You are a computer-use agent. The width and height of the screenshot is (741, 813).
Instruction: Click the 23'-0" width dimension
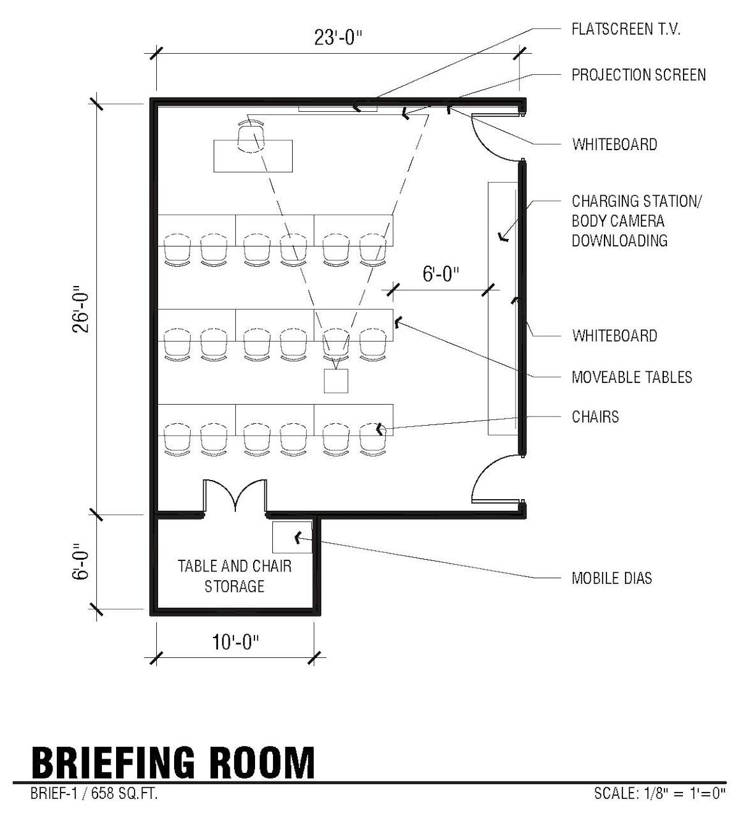click(x=338, y=38)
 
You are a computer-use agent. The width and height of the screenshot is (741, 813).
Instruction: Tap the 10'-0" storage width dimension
click(x=235, y=642)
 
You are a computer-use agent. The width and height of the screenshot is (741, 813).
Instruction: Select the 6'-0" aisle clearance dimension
click(x=441, y=274)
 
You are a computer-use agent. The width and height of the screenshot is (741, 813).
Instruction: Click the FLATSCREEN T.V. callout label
click(x=626, y=29)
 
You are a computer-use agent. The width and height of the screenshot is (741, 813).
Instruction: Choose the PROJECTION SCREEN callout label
click(x=638, y=75)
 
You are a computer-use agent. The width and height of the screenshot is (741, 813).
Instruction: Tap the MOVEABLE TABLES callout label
click(x=631, y=377)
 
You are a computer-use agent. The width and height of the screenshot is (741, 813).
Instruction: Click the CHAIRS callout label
click(x=595, y=416)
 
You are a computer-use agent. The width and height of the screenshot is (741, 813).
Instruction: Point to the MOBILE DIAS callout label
click(x=611, y=578)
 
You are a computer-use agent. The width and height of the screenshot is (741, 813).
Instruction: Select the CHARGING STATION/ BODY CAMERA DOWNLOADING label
click(x=636, y=221)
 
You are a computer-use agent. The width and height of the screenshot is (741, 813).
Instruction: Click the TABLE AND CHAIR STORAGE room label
click(x=235, y=576)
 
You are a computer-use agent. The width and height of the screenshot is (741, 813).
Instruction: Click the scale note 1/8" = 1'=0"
click(x=659, y=793)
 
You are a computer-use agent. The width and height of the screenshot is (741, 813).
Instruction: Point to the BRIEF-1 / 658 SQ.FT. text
click(x=94, y=793)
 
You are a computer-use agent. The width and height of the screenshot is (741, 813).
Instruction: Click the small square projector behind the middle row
click(x=336, y=381)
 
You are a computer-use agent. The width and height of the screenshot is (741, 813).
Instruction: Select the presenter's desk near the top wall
click(x=253, y=156)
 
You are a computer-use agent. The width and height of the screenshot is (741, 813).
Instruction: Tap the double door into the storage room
click(x=235, y=496)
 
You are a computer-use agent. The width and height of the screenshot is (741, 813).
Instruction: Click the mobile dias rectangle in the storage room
click(x=292, y=537)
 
